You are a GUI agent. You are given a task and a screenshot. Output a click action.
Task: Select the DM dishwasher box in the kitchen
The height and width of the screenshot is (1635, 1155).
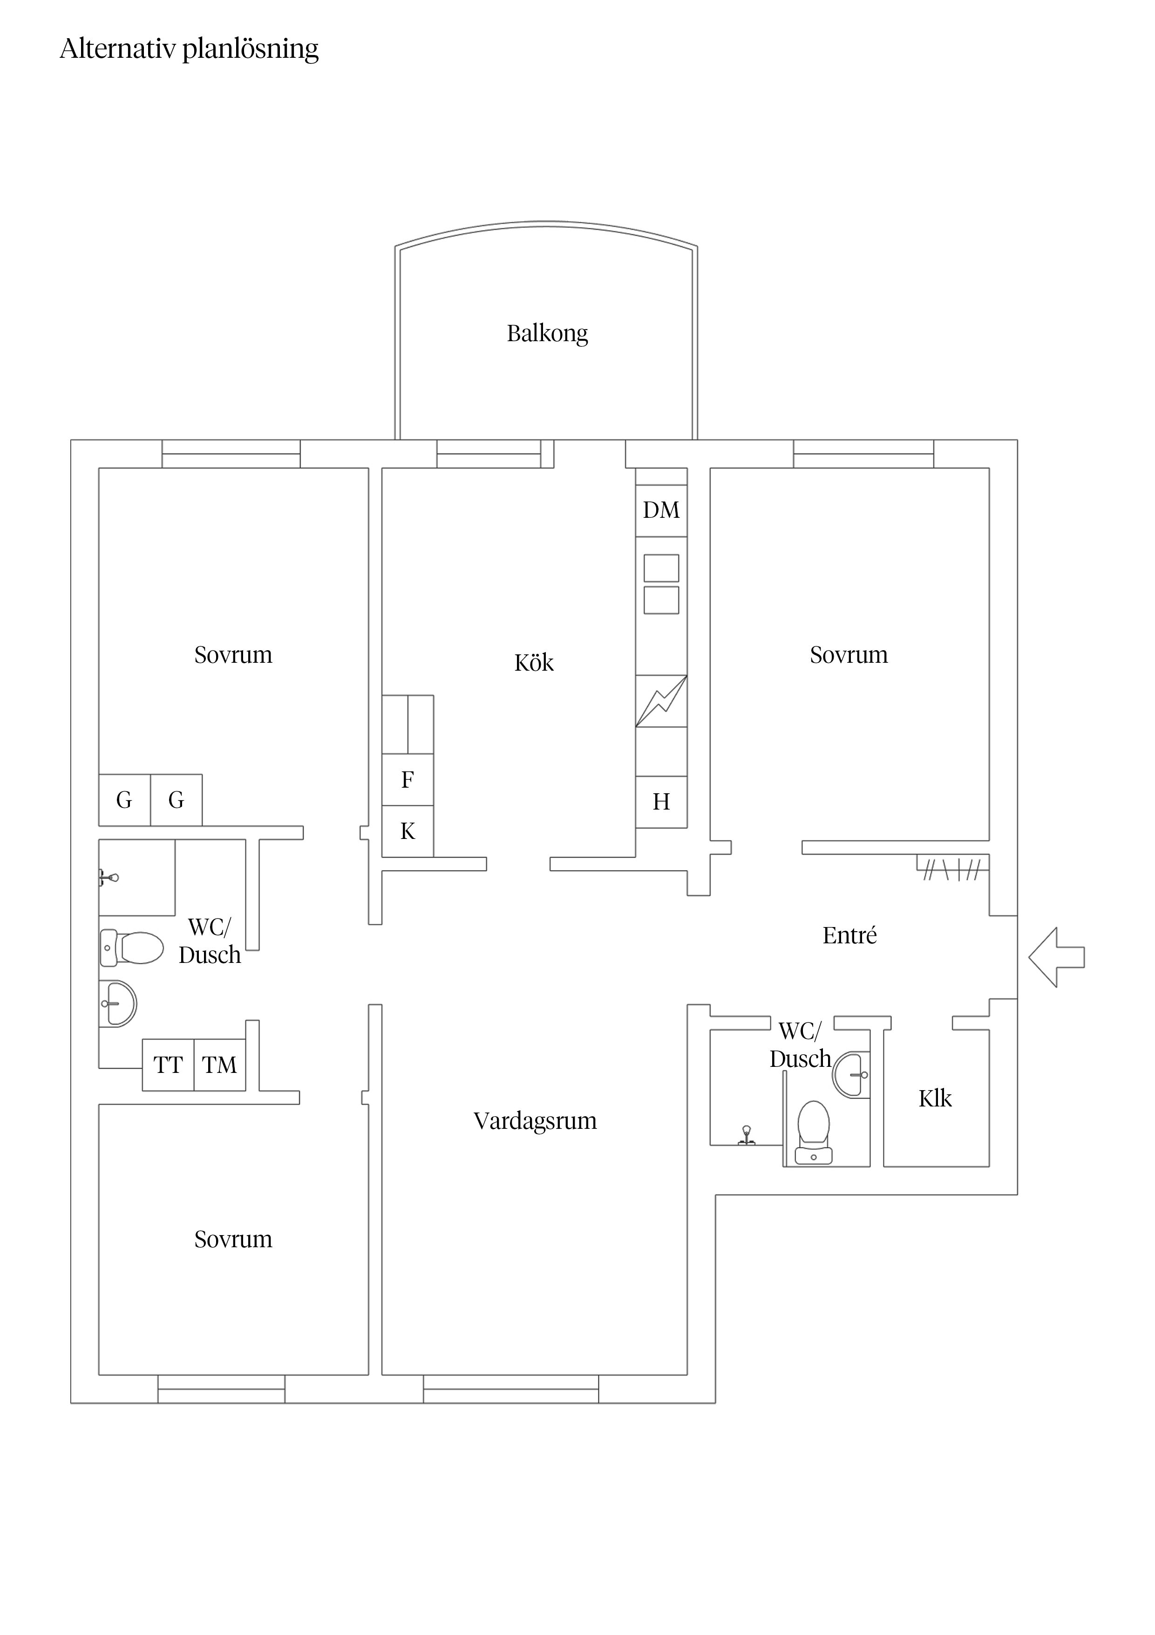(x=661, y=510)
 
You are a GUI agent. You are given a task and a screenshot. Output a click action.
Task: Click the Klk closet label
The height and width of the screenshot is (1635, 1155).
(x=935, y=1099)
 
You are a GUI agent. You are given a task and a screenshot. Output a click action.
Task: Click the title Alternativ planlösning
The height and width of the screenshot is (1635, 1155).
(x=189, y=49)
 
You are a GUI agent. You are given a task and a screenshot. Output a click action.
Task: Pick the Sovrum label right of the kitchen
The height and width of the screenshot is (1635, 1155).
(x=849, y=655)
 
